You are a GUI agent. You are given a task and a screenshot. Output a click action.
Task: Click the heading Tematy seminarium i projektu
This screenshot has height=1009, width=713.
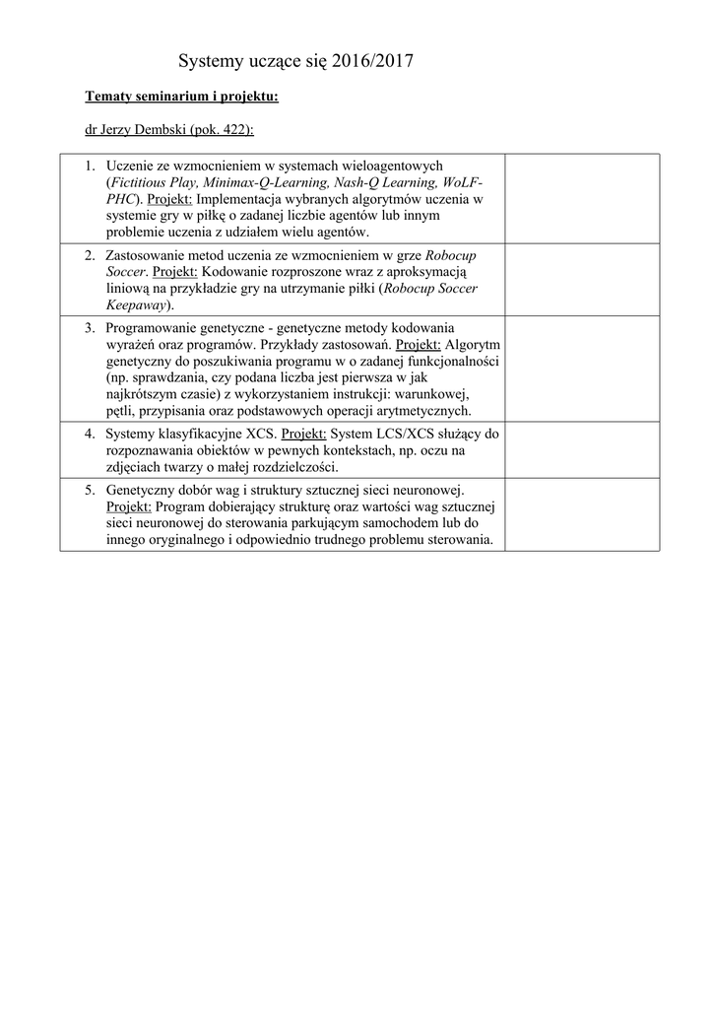pyautogui.click(x=181, y=97)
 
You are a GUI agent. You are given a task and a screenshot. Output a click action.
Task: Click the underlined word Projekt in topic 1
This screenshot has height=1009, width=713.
pyautogui.click(x=170, y=199)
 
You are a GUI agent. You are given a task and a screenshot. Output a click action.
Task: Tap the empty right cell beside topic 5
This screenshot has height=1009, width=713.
pyautogui.click(x=581, y=514)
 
